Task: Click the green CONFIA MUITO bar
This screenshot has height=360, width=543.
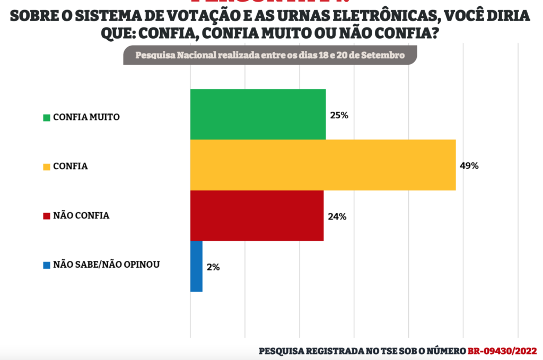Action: [258, 114]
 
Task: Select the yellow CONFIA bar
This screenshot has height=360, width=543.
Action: [322, 165]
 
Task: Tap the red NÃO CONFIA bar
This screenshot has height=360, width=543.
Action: [257, 215]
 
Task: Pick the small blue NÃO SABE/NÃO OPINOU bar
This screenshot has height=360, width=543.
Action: [196, 266]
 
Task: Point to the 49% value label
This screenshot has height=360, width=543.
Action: [469, 166]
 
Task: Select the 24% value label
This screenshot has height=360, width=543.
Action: [337, 216]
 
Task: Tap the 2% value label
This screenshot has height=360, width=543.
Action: [213, 267]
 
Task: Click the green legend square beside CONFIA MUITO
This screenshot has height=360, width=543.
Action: [46, 117]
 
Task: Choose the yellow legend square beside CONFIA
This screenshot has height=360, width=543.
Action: [46, 167]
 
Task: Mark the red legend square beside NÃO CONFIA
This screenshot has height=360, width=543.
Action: [46, 216]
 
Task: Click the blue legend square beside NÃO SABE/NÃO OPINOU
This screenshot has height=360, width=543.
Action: [46, 265]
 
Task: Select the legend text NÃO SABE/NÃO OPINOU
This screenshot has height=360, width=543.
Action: [106, 264]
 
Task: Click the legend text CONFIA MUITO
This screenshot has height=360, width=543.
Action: [86, 117]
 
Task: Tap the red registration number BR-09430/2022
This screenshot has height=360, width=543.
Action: [502, 351]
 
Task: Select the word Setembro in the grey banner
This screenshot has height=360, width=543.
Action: [386, 55]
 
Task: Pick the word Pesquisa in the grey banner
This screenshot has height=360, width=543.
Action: [152, 55]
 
